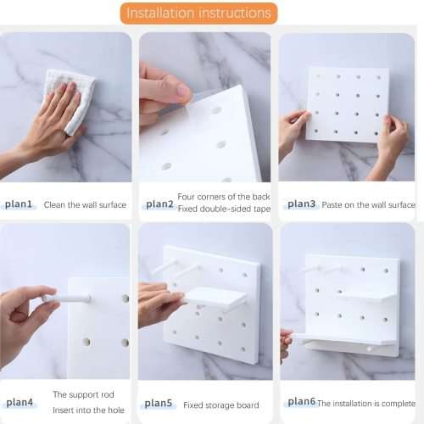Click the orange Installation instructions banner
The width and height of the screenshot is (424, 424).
click(x=199, y=13)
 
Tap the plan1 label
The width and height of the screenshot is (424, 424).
click(x=19, y=204)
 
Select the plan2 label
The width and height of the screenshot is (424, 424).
click(x=159, y=204)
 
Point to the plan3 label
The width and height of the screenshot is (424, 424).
click(x=301, y=204)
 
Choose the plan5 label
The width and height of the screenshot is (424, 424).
click(x=159, y=404)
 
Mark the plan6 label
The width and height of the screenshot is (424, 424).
click(x=301, y=402)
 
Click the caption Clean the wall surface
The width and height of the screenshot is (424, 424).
click(x=85, y=205)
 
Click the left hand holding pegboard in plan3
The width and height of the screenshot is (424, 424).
click(x=293, y=131)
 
